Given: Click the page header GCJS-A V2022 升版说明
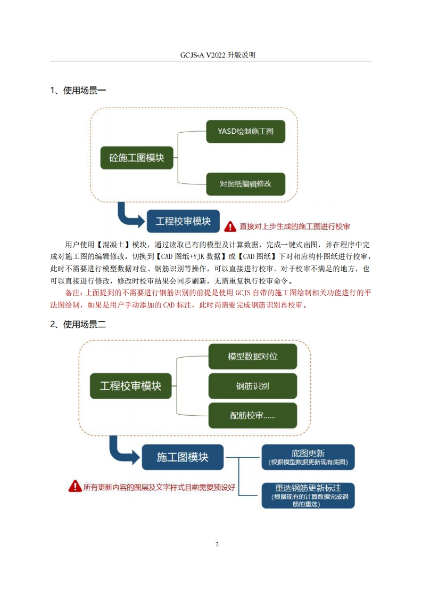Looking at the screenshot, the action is pyautogui.click(x=218, y=55).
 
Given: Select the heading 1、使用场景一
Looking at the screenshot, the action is pyautogui.click(x=78, y=91).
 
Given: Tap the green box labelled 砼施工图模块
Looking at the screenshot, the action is pyautogui.click(x=137, y=158).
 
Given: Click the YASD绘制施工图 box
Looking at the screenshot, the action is pyautogui.click(x=246, y=132).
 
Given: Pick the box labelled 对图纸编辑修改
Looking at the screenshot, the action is pyautogui.click(x=246, y=184).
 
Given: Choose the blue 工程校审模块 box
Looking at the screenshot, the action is pyautogui.click(x=183, y=221).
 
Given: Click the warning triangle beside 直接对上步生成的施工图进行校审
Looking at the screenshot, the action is pyautogui.click(x=230, y=227).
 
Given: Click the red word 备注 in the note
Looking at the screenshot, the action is pyautogui.click(x=73, y=293).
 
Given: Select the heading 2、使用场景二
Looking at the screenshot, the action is pyautogui.click(x=78, y=325).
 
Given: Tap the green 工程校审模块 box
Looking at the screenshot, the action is pyautogui.click(x=130, y=386).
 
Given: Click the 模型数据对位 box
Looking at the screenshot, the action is pyautogui.click(x=253, y=357).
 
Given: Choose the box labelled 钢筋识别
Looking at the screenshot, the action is pyautogui.click(x=253, y=386).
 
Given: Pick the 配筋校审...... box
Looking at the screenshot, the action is pyautogui.click(x=253, y=415).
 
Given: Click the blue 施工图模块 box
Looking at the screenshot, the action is pyautogui.click(x=183, y=457).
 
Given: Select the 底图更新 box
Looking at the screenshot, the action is pyautogui.click(x=308, y=457).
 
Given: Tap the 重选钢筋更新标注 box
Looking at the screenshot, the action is pyautogui.click(x=308, y=496).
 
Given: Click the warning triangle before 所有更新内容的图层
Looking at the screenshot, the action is pyautogui.click(x=75, y=486).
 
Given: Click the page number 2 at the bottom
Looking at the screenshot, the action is pyautogui.click(x=217, y=544).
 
